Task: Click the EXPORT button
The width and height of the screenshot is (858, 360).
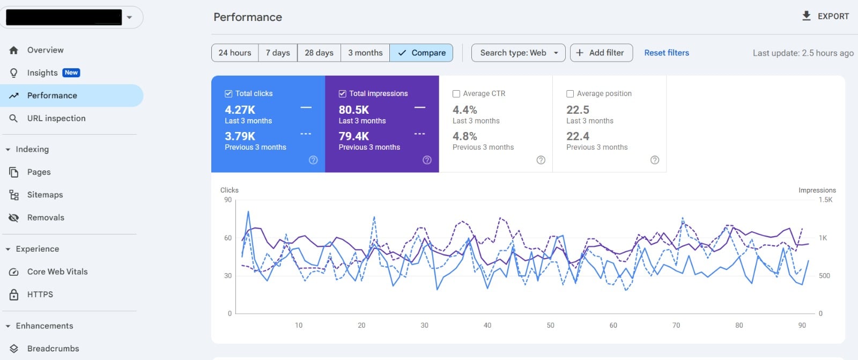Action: coord(825,16)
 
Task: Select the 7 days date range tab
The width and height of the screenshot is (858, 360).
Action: coord(278,53)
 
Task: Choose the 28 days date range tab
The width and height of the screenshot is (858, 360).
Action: coord(319,53)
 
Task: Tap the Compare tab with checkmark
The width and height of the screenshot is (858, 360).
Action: coord(421,53)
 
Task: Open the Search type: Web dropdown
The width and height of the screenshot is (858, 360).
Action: coord(518,53)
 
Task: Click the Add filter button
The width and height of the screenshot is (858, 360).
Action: coord(601,53)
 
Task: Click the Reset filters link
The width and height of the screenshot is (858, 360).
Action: coord(667,53)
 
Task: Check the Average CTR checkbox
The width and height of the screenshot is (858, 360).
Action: coord(456,93)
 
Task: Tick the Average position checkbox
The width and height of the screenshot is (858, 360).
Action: coord(570,93)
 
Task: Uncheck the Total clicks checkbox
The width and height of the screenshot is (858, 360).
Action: coord(228,93)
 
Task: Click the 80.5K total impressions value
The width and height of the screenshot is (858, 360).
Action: coord(353,109)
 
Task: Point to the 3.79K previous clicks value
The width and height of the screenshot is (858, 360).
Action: coord(240,136)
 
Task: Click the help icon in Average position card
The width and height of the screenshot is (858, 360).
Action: coord(655,160)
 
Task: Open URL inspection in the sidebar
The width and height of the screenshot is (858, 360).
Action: coord(56,118)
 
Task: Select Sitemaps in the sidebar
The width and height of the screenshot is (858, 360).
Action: coord(45,195)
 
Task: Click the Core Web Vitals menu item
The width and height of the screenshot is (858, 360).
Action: coord(57,271)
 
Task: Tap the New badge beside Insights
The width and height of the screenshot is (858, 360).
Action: coord(71,72)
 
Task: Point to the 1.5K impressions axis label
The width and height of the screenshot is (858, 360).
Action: coord(825,200)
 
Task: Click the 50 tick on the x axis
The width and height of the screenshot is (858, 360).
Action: coord(550,325)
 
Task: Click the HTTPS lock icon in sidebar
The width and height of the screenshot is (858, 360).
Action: coord(14,295)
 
